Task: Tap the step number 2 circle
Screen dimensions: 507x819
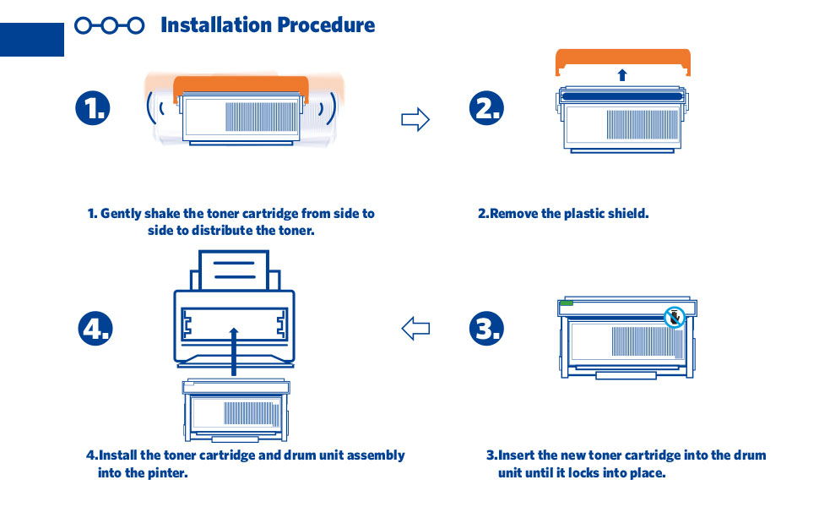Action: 487,108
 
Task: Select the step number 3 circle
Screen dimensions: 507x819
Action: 487,328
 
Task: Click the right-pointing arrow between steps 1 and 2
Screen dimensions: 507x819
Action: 415,119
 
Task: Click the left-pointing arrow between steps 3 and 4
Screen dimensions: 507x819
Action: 415,327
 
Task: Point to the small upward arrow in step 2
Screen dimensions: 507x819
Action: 622,74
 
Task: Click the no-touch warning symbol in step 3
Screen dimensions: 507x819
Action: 673,318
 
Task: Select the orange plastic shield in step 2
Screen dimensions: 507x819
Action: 623,60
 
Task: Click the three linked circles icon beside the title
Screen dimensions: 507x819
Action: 109,25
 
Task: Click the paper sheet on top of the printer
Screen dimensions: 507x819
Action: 235,270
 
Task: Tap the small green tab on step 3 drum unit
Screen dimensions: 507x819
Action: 566,301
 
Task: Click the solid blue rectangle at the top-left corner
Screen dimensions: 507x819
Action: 32,39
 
